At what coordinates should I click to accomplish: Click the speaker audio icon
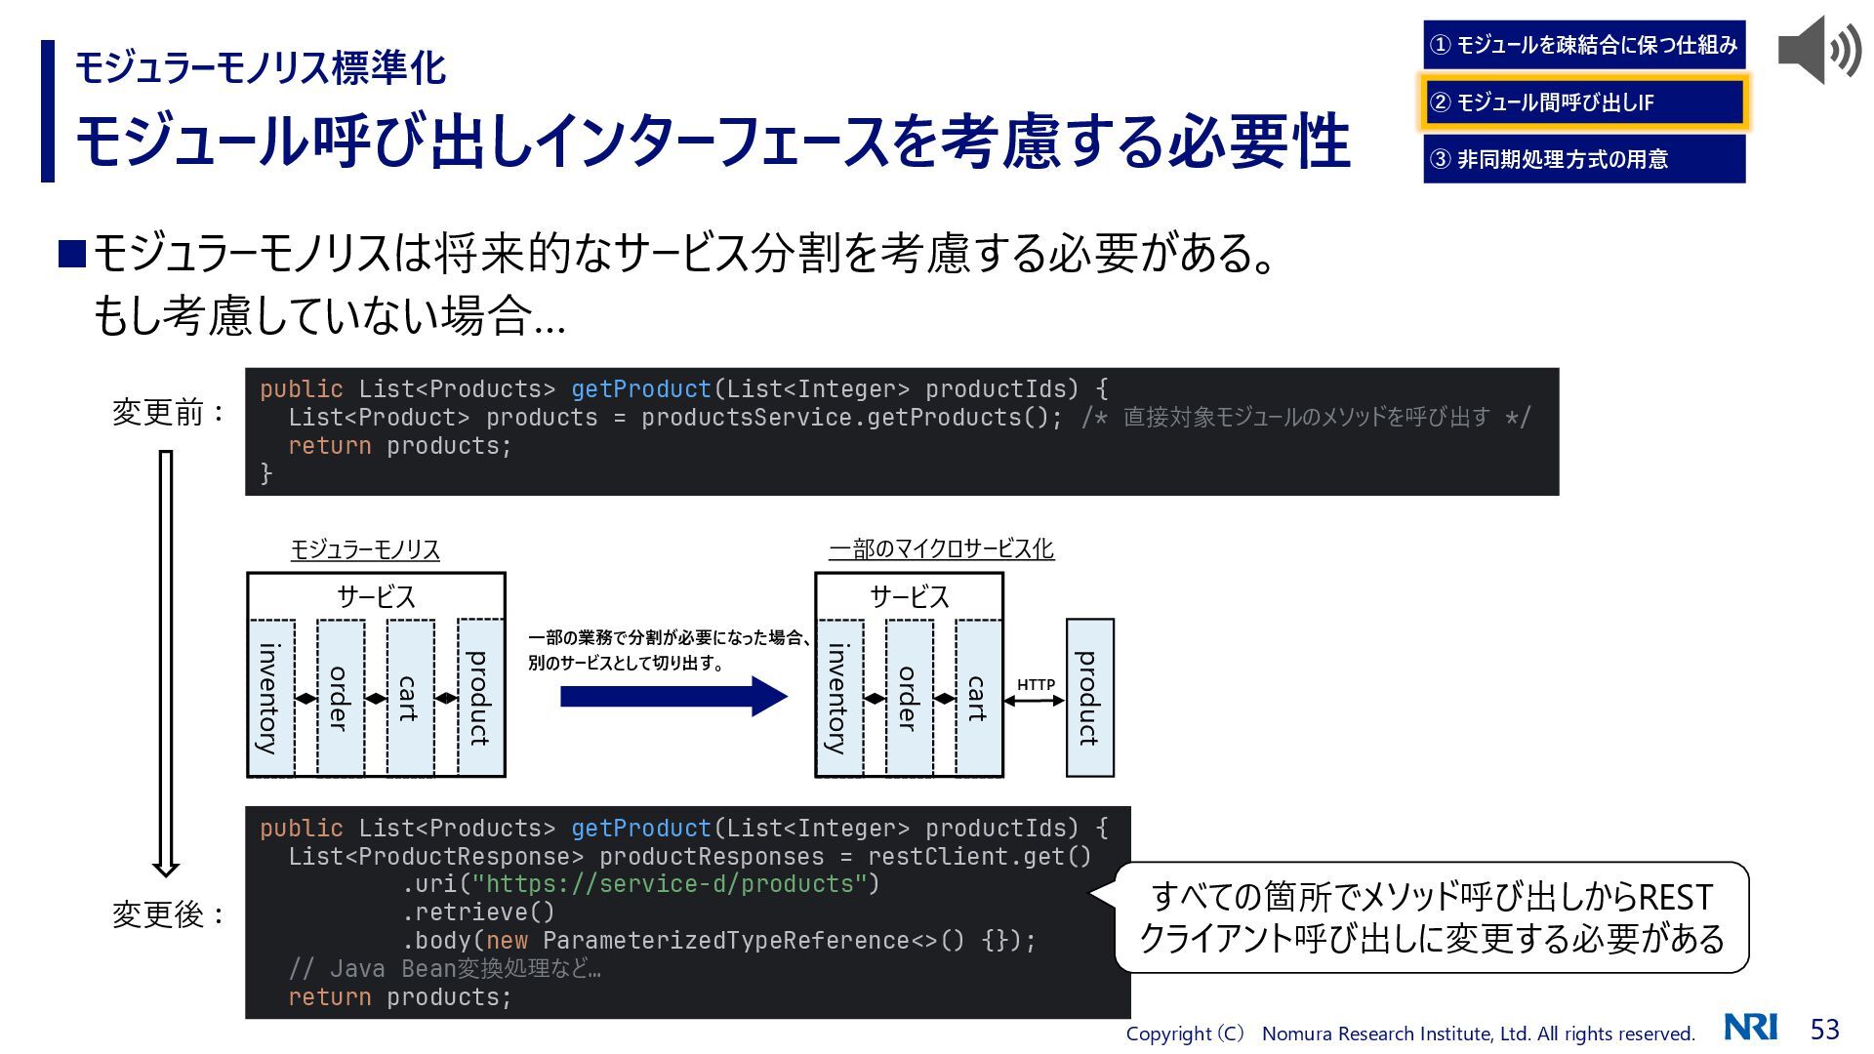(1818, 50)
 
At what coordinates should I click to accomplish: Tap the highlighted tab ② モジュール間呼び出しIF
(1583, 102)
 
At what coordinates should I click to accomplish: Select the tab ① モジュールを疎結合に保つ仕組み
(1583, 45)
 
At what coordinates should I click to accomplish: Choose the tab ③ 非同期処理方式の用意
(1583, 159)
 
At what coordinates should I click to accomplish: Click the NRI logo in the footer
(1750, 1028)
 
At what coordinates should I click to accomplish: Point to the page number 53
(1824, 1030)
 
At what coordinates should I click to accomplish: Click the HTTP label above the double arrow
(1036, 685)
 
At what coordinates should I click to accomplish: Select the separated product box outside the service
(1089, 698)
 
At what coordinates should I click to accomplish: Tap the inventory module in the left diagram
(270, 699)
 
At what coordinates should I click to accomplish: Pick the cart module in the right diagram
(979, 699)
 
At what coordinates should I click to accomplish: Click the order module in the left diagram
(340, 699)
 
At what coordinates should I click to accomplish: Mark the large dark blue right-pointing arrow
(673, 697)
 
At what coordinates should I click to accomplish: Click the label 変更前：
(169, 413)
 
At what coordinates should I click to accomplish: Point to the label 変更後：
(169, 915)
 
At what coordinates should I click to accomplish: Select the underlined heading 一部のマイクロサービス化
(941, 549)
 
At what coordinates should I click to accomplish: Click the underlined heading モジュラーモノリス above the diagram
(365, 550)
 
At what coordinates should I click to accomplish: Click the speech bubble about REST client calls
(1431, 917)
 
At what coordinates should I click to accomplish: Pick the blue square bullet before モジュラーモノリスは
(73, 254)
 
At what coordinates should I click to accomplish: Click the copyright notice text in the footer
(1409, 1034)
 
